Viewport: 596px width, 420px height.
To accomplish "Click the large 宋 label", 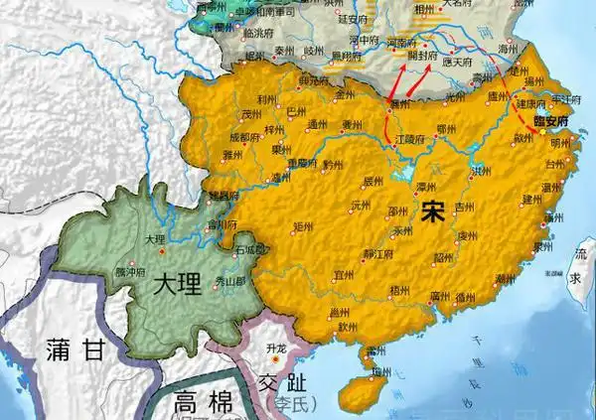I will click(x=432, y=211).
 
